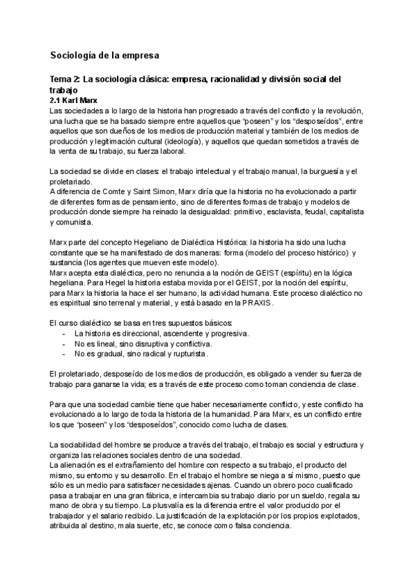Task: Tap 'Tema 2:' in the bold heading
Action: click(x=68, y=80)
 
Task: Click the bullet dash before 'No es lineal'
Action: click(x=64, y=343)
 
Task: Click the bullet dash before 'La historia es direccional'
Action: click(x=64, y=333)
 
